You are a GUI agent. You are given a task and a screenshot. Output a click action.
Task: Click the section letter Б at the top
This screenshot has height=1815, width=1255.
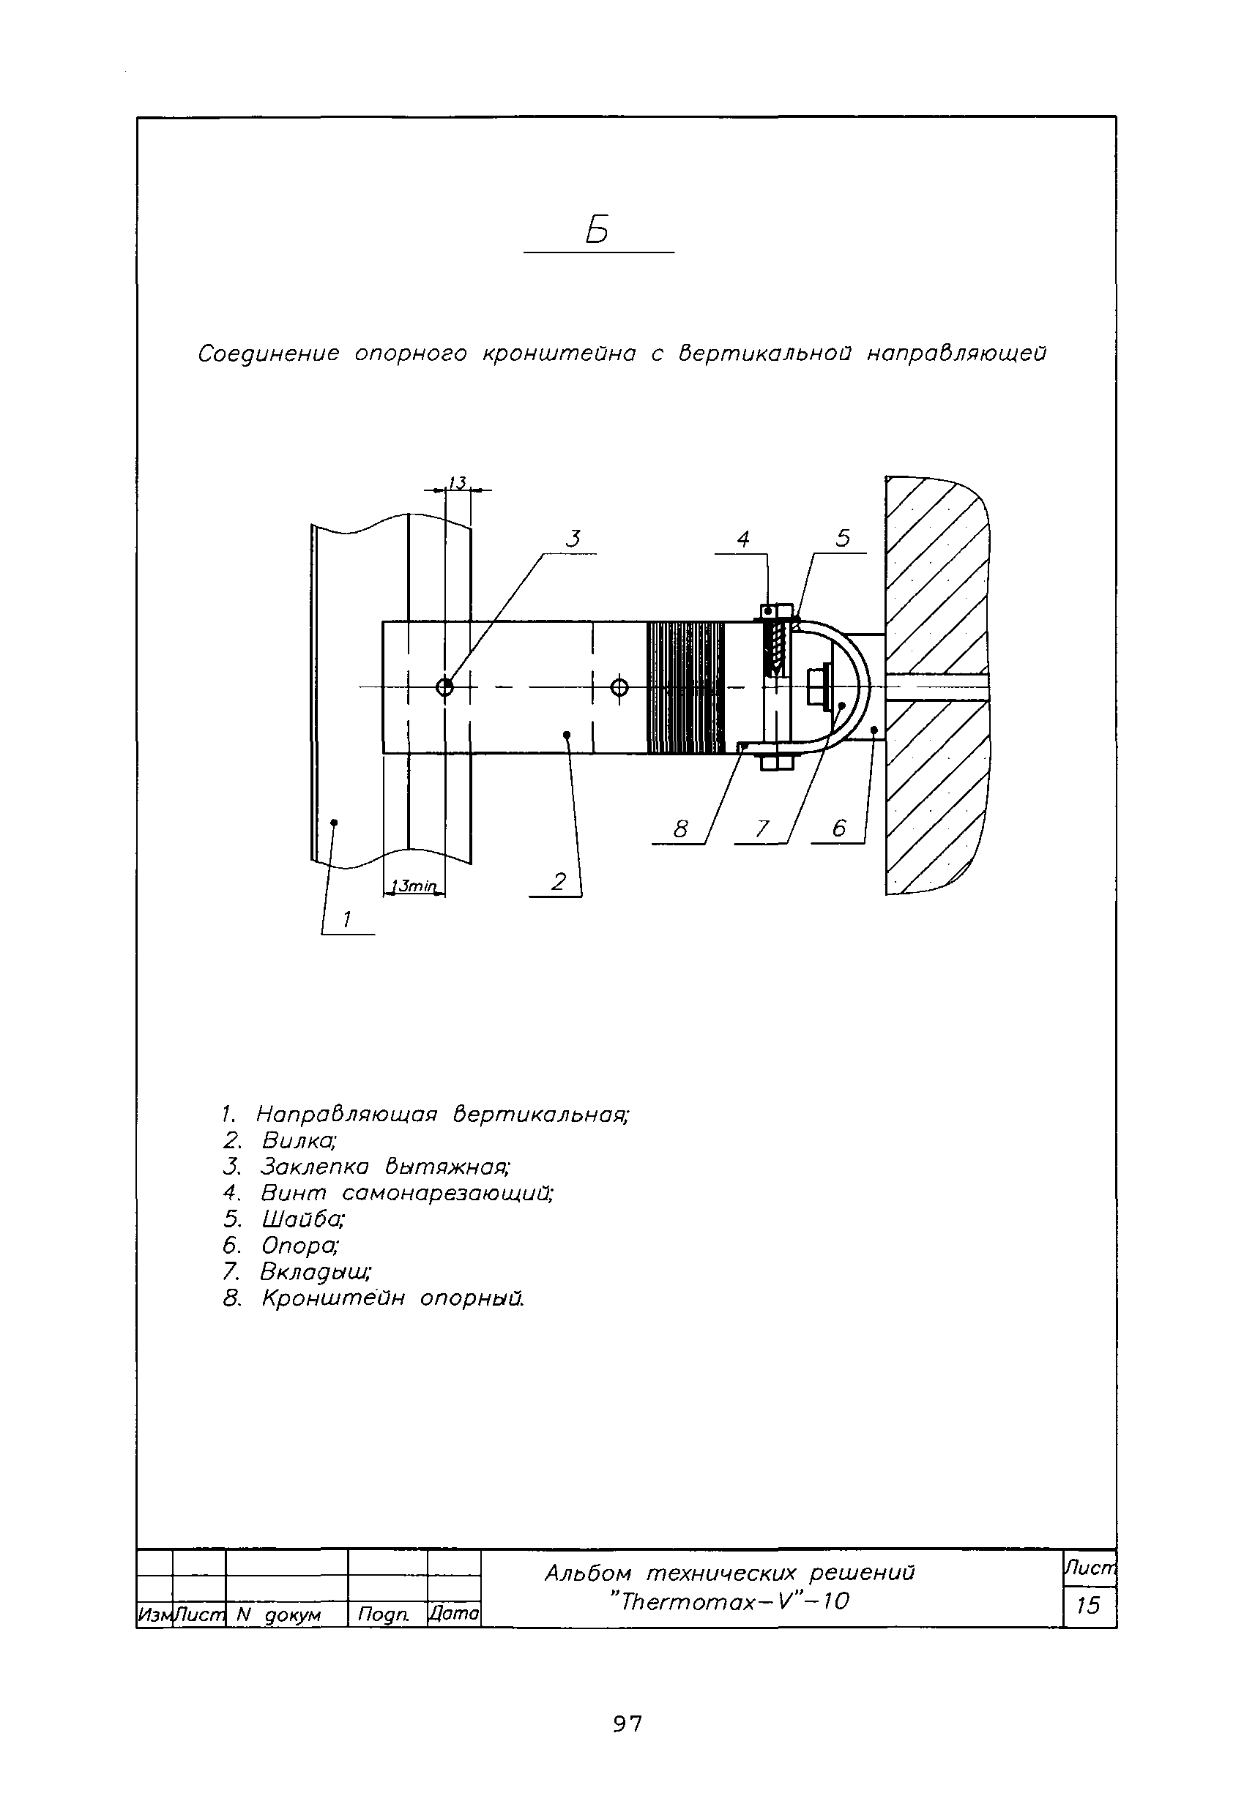coord(597,231)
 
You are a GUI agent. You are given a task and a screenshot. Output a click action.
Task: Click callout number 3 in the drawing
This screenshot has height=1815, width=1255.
coord(574,539)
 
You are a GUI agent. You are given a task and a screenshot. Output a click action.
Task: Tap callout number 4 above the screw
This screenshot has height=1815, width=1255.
coord(743,539)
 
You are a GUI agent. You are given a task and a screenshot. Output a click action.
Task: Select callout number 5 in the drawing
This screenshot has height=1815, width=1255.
coord(843,539)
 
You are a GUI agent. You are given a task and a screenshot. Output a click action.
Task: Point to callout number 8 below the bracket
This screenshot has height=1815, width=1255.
coord(681,829)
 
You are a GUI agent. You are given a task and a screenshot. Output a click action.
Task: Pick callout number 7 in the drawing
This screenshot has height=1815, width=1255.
coord(761,829)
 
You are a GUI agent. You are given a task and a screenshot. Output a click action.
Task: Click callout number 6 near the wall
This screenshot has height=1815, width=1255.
coord(839,828)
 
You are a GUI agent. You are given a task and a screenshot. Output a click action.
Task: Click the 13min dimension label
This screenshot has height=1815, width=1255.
coord(414,886)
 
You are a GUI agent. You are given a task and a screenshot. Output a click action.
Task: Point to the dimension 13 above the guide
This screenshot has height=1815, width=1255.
coord(457,482)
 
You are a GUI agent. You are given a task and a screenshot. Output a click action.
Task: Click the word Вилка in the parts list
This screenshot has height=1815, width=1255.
coord(299,1140)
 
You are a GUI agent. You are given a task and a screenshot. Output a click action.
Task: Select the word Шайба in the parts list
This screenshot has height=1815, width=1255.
coord(302,1219)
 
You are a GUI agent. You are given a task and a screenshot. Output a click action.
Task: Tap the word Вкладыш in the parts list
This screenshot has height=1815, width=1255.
coord(316,1272)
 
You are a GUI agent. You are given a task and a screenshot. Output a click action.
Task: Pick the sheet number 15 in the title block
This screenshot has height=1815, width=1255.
coord(1087,1605)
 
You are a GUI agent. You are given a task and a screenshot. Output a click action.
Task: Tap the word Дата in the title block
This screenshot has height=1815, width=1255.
coord(454,1614)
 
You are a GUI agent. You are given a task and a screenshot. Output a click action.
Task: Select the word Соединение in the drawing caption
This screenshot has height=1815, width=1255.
coord(268,354)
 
